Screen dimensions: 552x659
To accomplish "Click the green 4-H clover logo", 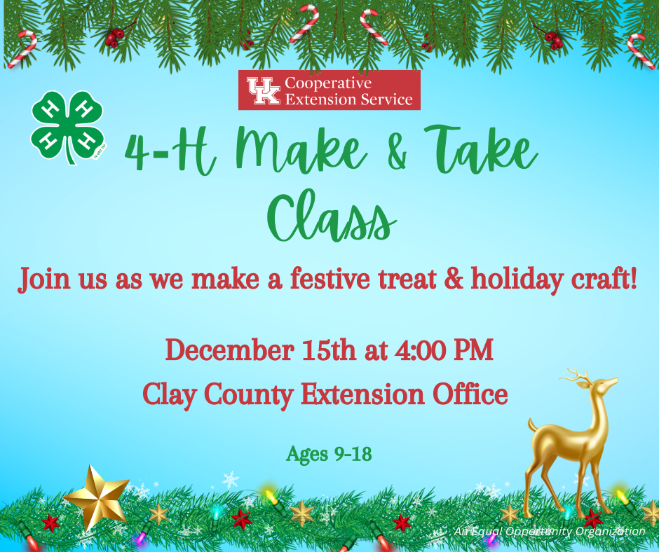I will point(67,126).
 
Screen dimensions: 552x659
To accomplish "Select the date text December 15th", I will point(261,350).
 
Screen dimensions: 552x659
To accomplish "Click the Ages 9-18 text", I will point(329,455).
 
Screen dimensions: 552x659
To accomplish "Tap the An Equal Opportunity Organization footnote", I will point(549,532).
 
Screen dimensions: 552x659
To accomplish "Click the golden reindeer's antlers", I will point(579,376).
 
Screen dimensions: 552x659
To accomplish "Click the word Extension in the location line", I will point(362,394).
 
